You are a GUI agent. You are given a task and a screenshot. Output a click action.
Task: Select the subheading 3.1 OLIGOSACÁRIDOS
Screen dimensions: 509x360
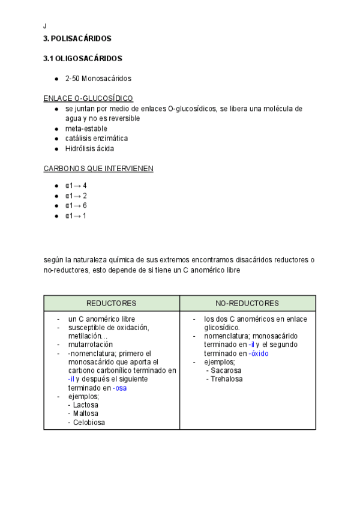(83, 59)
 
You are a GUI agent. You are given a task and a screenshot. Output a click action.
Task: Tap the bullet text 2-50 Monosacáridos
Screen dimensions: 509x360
(98, 79)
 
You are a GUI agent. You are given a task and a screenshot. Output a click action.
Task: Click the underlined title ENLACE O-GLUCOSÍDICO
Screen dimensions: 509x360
(88, 98)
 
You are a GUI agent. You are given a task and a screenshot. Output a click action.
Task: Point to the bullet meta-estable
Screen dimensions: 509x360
(86, 128)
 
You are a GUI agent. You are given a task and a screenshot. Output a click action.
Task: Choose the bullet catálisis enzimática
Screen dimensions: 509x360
(97, 139)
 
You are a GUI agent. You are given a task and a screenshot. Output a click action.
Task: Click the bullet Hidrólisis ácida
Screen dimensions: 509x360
(89, 149)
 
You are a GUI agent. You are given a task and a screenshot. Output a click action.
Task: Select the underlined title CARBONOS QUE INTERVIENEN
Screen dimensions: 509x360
(98, 169)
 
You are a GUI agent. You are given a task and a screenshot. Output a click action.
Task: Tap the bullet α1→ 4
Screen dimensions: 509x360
(76, 185)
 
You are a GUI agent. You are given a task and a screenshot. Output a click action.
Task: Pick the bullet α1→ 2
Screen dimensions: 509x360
(76, 196)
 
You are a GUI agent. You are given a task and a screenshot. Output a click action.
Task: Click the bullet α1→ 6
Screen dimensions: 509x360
(76, 206)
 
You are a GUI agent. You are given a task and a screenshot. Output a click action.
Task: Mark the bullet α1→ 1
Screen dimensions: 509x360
(76, 216)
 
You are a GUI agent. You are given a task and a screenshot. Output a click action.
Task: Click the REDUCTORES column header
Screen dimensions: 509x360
(112, 303)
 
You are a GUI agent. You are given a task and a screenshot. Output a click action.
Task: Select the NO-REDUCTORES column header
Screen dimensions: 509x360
(247, 303)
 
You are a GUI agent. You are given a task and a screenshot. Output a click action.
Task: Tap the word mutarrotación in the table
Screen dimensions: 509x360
(91, 345)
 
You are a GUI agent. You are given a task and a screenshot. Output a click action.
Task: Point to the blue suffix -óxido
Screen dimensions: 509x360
(259, 354)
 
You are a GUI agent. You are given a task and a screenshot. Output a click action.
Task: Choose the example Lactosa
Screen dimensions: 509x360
(85, 405)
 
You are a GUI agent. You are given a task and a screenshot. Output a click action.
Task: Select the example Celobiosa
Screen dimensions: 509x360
(88, 423)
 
